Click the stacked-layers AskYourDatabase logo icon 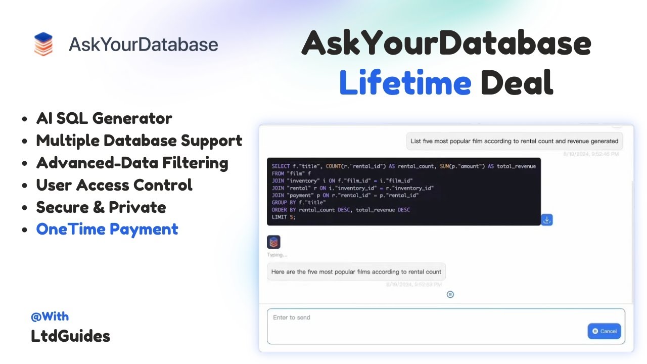pyautogui.click(x=43, y=44)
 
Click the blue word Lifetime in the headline pyautogui.click(x=405, y=82)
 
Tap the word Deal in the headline pyautogui.click(x=517, y=82)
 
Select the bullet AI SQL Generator pyautogui.click(x=104, y=118)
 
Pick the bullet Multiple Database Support pyautogui.click(x=139, y=141)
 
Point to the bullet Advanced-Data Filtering pyautogui.click(x=132, y=163)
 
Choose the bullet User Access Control pyautogui.click(x=114, y=185)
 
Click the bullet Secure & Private pyautogui.click(x=101, y=207)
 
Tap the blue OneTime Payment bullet pyautogui.click(x=107, y=230)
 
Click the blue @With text pyautogui.click(x=50, y=316)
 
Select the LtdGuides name pyautogui.click(x=70, y=336)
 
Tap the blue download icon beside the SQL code pyautogui.click(x=547, y=220)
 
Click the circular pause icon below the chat pyautogui.click(x=450, y=294)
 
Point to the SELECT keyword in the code pyautogui.click(x=281, y=166)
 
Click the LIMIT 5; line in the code pyautogui.click(x=284, y=217)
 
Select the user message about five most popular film pyautogui.click(x=514, y=142)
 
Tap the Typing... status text pyautogui.click(x=277, y=255)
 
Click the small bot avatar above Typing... pyautogui.click(x=273, y=242)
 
